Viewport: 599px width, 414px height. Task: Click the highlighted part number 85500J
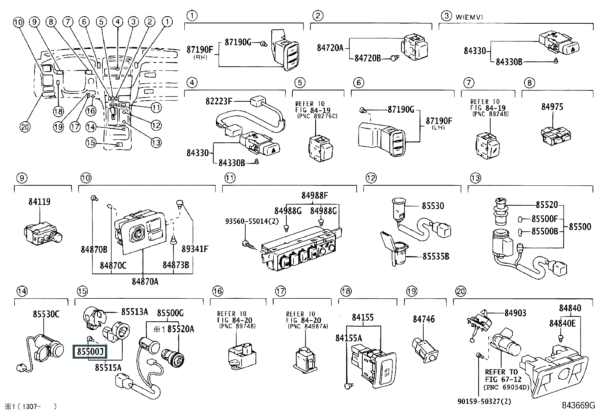tap(90, 352)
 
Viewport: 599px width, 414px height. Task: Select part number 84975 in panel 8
tap(552, 107)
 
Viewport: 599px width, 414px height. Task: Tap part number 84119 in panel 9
tap(39, 202)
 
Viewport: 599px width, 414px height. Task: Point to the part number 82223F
tap(219, 101)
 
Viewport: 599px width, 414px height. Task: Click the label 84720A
tap(330, 48)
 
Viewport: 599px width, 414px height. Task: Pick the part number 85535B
tap(436, 257)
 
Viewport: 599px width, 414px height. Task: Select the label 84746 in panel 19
tap(423, 319)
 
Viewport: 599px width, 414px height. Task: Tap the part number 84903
tap(515, 313)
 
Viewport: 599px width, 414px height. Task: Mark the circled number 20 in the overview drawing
tap(25, 127)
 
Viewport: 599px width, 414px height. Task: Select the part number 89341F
tap(195, 249)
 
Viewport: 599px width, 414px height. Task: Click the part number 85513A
tap(134, 312)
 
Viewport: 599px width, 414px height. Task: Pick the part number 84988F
tap(315, 196)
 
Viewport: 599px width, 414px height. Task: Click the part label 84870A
tap(145, 281)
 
